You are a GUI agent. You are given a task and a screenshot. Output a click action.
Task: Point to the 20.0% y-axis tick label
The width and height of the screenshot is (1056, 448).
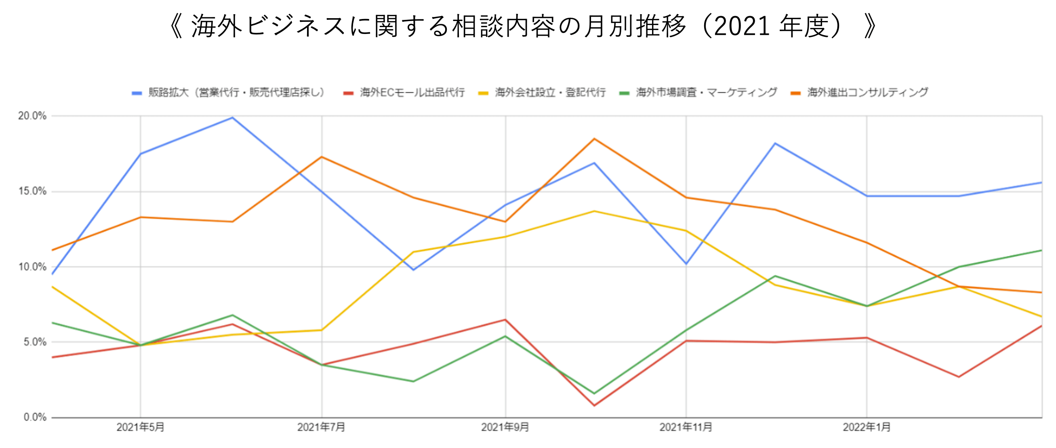[32, 116]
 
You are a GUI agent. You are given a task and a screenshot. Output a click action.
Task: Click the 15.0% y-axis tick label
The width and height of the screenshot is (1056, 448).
[32, 192]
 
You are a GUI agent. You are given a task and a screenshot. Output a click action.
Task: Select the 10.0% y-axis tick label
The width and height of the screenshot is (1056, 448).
[32, 267]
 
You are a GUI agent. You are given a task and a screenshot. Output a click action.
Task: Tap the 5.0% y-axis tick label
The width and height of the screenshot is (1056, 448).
[34, 342]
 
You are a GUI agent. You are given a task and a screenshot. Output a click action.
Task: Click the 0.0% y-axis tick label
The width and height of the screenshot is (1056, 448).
[34, 418]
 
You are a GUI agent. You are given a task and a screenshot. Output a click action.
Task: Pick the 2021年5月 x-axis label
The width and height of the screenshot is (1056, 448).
[140, 427]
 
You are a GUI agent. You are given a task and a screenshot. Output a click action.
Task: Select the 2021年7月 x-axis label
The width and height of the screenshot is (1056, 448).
[321, 427]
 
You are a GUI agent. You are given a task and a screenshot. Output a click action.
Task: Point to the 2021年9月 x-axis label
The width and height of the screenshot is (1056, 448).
[505, 427]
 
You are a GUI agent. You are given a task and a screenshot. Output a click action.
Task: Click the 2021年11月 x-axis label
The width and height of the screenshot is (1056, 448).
[686, 427]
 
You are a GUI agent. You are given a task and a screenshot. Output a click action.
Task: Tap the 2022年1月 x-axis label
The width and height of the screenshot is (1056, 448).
[866, 427]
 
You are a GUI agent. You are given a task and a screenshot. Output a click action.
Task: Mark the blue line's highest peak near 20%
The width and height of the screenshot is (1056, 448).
[232, 118]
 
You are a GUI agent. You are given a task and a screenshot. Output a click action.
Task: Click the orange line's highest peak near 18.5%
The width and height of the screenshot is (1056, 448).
[594, 139]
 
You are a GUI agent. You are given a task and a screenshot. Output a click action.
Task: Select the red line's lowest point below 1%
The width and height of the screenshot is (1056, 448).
[594, 406]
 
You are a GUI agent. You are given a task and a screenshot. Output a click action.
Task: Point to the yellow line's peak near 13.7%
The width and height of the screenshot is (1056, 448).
[594, 211]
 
